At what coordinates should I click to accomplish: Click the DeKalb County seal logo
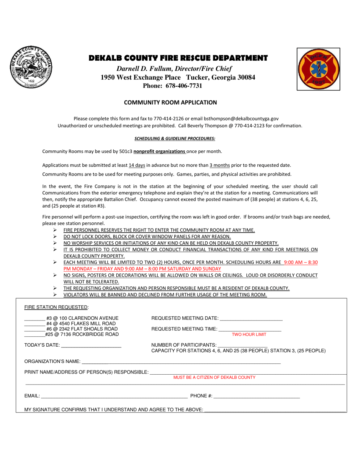pyautogui.click(x=31, y=67)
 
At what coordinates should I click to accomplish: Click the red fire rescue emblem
pyautogui.click(x=318, y=69)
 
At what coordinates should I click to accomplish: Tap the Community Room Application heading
pyautogui.click(x=171, y=102)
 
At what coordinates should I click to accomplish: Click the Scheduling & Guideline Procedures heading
pyautogui.click(x=175, y=138)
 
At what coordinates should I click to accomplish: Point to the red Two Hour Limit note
pyautogui.click(x=249, y=335)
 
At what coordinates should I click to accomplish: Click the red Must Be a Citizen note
pyautogui.click(x=214, y=377)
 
